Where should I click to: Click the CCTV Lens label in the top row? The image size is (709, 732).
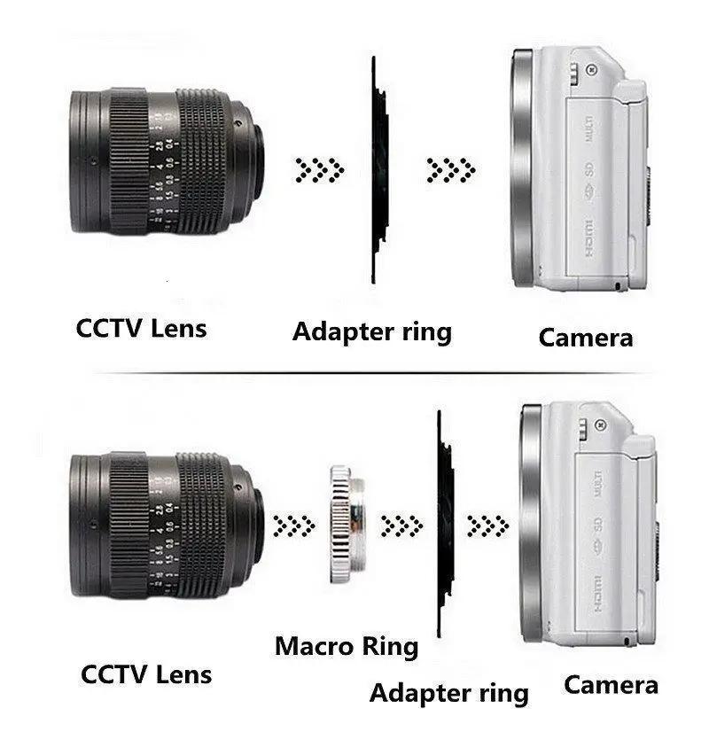(141, 328)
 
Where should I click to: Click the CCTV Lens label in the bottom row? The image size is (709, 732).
(146, 674)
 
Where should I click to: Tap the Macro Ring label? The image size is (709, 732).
(346, 646)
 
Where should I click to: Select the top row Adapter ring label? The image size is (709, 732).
(371, 331)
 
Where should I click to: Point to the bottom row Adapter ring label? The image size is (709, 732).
(448, 692)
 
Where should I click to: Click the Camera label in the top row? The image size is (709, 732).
(585, 337)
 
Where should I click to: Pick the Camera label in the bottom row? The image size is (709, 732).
(611, 684)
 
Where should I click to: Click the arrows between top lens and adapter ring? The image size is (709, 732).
(320, 168)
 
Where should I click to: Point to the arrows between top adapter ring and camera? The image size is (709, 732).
(451, 168)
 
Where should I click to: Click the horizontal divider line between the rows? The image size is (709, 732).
(372, 373)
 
